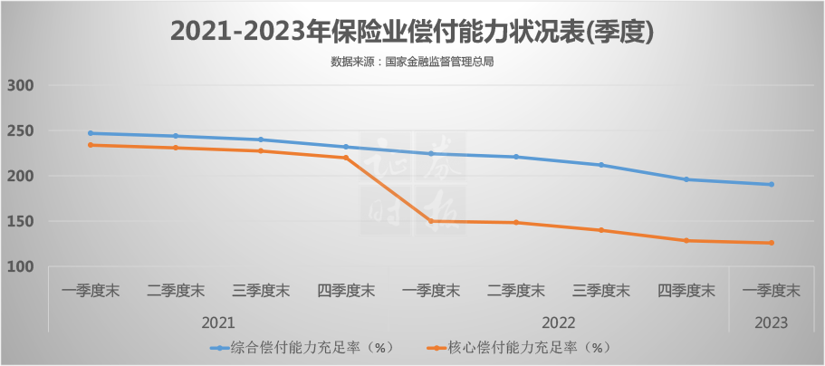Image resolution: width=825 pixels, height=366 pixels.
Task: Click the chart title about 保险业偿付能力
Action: (x=412, y=31)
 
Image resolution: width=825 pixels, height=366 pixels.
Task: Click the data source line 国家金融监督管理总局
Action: (x=411, y=63)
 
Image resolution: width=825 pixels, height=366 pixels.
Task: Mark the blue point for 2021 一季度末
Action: (x=91, y=133)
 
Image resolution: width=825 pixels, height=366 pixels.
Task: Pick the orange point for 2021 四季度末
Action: (x=346, y=158)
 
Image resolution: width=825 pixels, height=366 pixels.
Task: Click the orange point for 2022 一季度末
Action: (x=431, y=221)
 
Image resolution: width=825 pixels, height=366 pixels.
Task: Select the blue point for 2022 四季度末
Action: (x=686, y=179)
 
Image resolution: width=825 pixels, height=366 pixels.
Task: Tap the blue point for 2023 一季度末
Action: (x=772, y=184)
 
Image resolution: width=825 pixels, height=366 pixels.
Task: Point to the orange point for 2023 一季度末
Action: (x=772, y=243)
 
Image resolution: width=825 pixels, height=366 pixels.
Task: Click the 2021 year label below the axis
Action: (x=218, y=323)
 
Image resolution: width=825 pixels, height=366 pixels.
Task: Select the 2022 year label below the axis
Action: (x=559, y=323)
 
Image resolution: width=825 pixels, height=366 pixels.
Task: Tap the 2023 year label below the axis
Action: (x=772, y=323)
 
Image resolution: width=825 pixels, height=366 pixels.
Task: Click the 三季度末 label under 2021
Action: (x=261, y=291)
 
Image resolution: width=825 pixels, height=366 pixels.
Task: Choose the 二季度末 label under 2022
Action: (x=516, y=291)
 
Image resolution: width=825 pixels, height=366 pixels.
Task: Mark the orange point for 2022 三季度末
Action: (x=601, y=230)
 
